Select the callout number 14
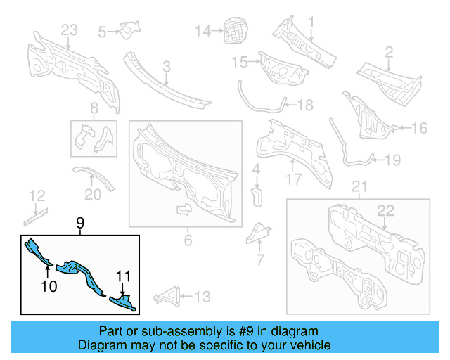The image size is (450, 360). (x=202, y=30)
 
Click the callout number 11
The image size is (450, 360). (x=124, y=276)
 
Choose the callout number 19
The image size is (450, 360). (x=392, y=160)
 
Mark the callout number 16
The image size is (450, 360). (x=419, y=128)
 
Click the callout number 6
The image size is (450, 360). (x=188, y=241)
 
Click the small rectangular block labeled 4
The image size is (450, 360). (x=257, y=194)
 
